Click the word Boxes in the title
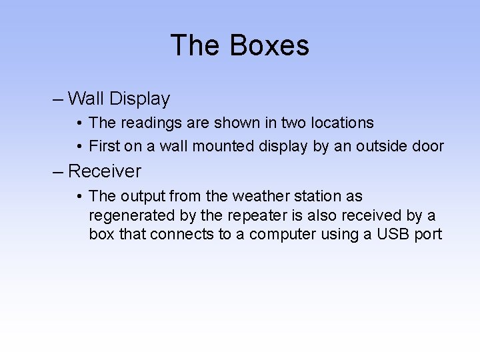269,45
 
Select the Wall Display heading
119,99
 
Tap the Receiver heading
105,171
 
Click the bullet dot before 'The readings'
79,123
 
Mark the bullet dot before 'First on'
79,147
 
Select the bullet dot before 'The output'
79,196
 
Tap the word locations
341,123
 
